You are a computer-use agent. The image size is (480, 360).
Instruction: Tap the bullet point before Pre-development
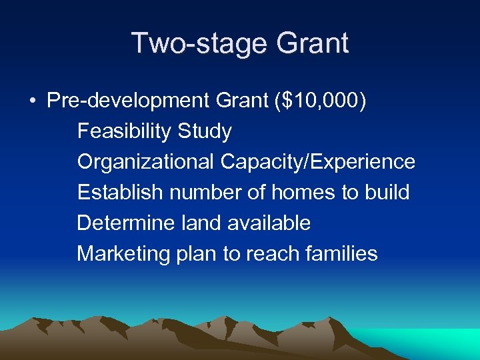click(x=32, y=101)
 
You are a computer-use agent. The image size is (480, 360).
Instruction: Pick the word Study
click(x=205, y=131)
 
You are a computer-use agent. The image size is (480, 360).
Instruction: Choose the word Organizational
click(x=146, y=162)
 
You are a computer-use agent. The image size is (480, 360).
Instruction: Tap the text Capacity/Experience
click(x=318, y=162)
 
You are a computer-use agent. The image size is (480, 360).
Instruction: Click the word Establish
click(x=120, y=193)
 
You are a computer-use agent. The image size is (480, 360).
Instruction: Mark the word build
click(x=387, y=193)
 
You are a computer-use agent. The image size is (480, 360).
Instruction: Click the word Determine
click(x=126, y=223)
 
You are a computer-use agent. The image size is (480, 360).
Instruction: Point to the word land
click(x=201, y=223)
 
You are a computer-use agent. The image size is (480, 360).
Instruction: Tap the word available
click(x=269, y=223)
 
